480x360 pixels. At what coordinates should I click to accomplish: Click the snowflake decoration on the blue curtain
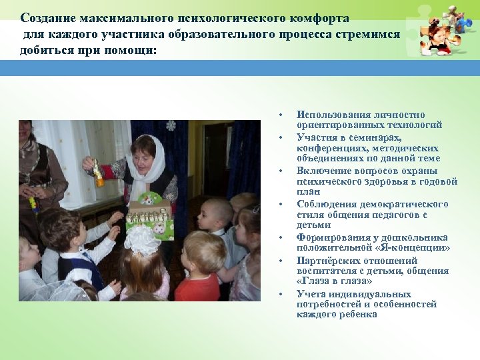click(x=171, y=125)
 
